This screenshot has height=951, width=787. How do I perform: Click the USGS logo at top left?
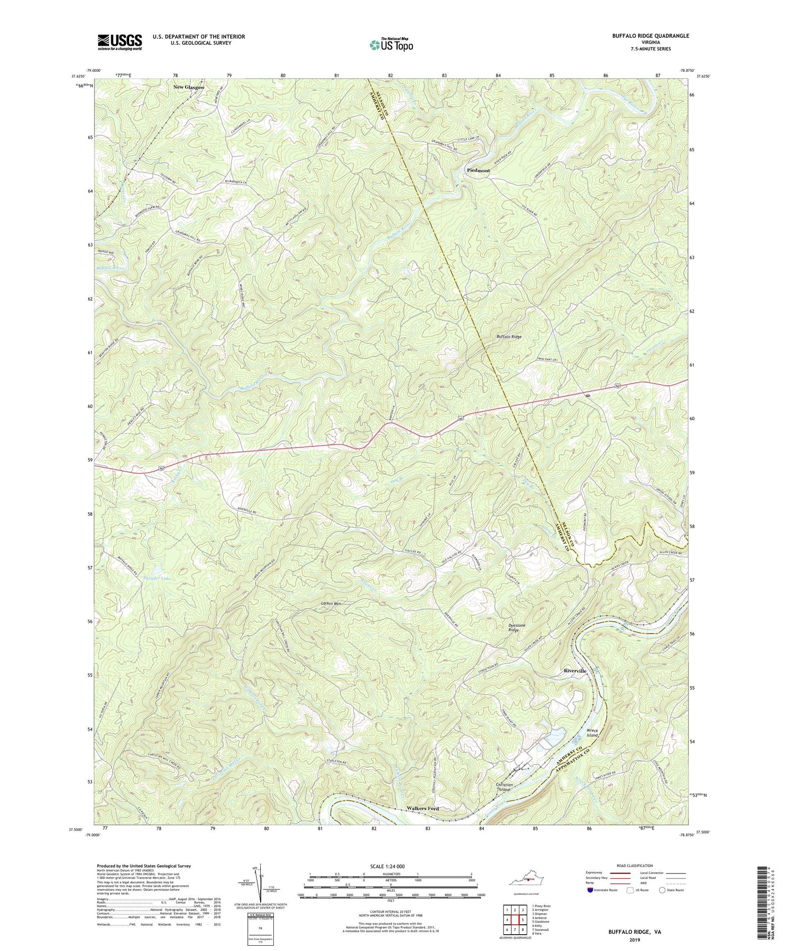[x=120, y=42]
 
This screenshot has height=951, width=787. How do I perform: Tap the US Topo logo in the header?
[x=391, y=45]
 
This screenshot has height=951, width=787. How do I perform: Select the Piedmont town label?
[x=478, y=170]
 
